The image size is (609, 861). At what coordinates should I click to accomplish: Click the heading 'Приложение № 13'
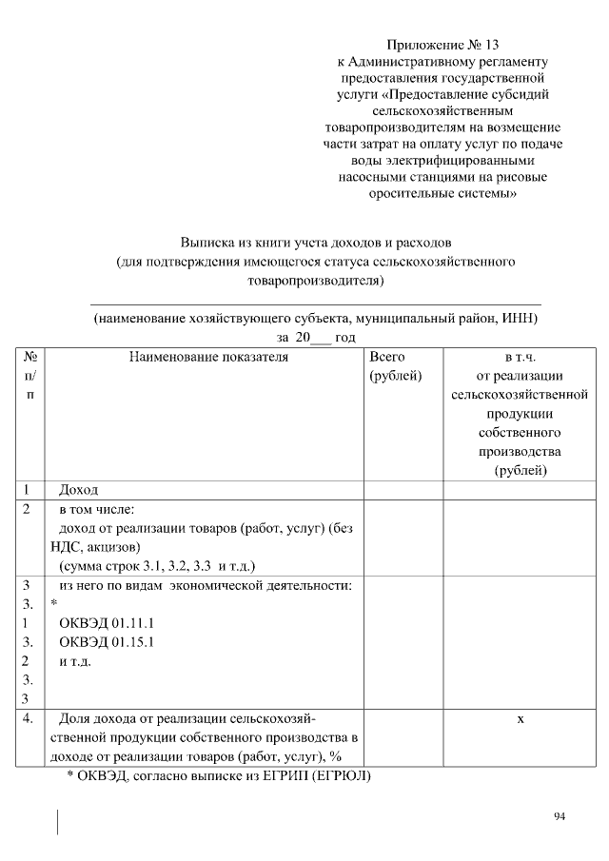click(442, 45)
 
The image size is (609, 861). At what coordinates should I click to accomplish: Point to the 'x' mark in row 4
click(521, 719)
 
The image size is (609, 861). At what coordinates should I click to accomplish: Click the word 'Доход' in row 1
click(78, 490)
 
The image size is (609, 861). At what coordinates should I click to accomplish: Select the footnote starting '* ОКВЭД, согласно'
click(218, 776)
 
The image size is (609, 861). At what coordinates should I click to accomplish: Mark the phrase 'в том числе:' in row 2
click(96, 509)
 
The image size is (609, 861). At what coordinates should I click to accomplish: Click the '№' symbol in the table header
click(29, 358)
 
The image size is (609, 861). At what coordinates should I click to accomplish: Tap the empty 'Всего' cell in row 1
click(403, 490)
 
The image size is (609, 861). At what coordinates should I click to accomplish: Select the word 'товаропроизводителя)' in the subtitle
click(315, 281)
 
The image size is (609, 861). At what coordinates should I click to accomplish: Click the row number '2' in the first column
click(29, 509)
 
